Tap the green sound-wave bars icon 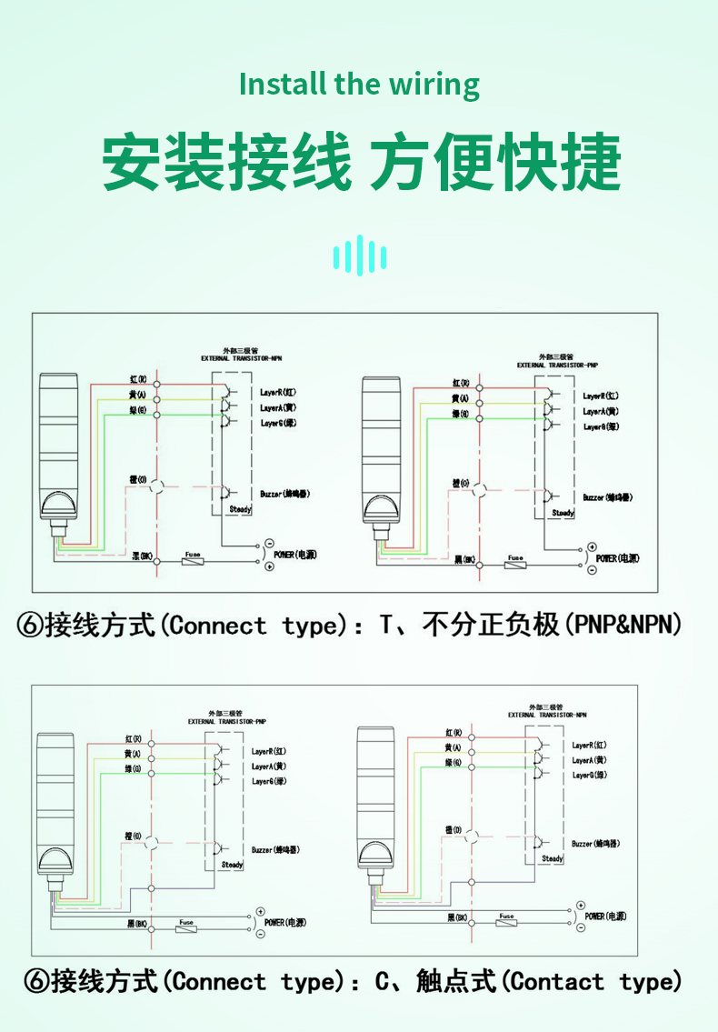(x=360, y=255)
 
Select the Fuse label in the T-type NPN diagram (x=193, y=554)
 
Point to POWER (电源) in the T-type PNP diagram (x=617, y=557)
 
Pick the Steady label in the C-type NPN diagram (x=553, y=858)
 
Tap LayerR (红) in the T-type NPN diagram (x=279, y=392)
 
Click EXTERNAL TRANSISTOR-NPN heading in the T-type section (x=243, y=359)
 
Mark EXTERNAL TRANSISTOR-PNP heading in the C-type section (x=227, y=721)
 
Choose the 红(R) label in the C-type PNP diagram (x=133, y=738)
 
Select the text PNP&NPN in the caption (x=624, y=626)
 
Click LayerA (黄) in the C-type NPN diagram (x=589, y=760)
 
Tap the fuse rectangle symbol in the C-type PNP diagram (x=186, y=929)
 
